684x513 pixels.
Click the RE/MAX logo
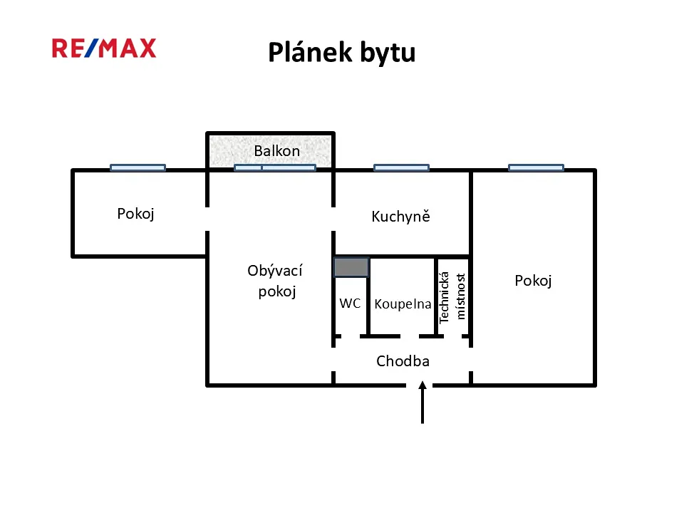104,48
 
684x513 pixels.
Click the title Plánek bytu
341,53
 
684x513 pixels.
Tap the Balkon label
277,151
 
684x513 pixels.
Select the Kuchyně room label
401,217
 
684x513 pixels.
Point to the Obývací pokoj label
275,281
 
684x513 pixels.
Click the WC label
350,304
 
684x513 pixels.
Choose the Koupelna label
403,304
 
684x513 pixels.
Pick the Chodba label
403,361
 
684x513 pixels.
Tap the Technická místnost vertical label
452,297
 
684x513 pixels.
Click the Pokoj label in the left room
135,214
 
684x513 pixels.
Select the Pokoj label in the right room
533,281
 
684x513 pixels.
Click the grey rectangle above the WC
351,267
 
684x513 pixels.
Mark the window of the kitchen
401,167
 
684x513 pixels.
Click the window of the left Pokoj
138,167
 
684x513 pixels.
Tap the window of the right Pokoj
536,167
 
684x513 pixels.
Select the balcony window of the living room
275,167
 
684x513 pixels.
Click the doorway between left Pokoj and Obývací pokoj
207,219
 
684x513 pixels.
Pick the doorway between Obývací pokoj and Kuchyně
333,219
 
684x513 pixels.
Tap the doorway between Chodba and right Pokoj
471,359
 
